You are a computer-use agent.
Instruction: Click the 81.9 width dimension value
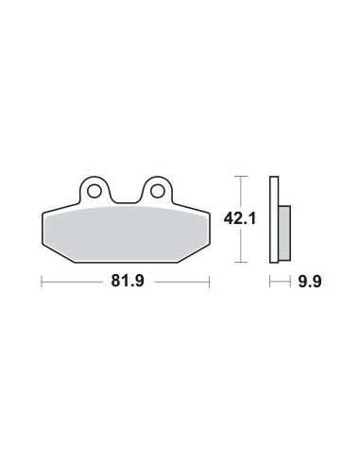[128, 281]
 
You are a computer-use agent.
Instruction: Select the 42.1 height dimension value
[240, 218]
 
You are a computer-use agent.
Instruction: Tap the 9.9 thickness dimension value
[310, 282]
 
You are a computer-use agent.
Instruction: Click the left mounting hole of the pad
[94, 191]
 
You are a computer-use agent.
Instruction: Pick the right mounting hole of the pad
[158, 191]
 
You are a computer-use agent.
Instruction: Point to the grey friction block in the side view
[284, 233]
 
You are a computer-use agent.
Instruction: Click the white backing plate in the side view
[274, 219]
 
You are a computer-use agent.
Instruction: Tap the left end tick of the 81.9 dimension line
[42, 282]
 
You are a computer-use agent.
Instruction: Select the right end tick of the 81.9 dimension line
[209, 282]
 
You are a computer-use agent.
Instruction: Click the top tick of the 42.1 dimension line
[241, 177]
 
